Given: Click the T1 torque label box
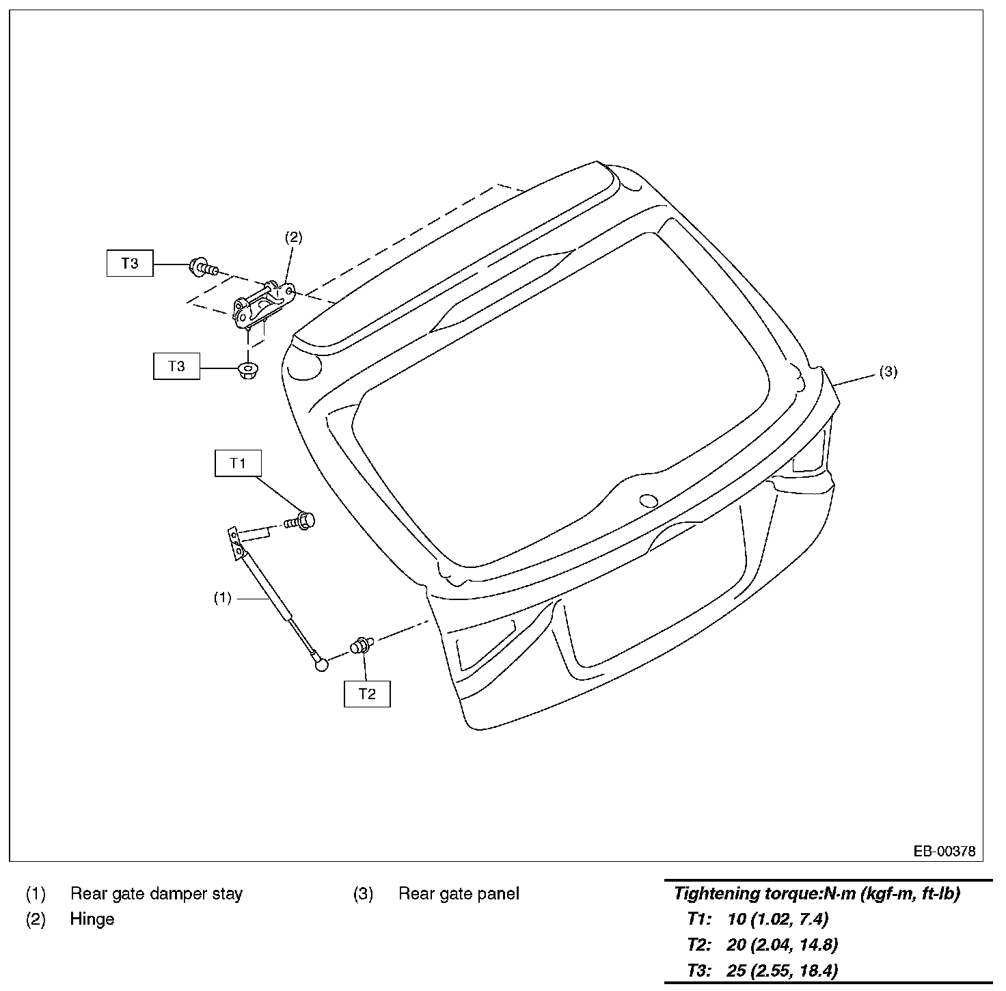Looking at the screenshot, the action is pyautogui.click(x=238, y=463).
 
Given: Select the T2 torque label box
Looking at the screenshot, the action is pyautogui.click(x=367, y=694).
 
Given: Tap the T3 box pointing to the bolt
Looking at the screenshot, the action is pyautogui.click(x=130, y=263).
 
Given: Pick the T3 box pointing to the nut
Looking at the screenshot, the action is pyautogui.click(x=176, y=366).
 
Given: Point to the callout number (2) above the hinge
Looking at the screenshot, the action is pyautogui.click(x=293, y=237).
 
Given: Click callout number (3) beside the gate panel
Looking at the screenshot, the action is pyautogui.click(x=888, y=372).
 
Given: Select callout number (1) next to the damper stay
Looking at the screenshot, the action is pyautogui.click(x=223, y=598).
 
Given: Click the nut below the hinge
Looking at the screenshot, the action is pyautogui.click(x=246, y=370).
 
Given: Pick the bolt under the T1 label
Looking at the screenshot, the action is pyautogui.click(x=300, y=521).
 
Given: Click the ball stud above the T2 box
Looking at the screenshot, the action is pyautogui.click(x=361, y=644).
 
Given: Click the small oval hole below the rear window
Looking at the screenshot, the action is pyautogui.click(x=648, y=501).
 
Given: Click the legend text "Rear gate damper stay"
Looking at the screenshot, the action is pyautogui.click(x=157, y=893).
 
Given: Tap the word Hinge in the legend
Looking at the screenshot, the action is pyautogui.click(x=92, y=919).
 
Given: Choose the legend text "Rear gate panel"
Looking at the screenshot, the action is pyautogui.click(x=459, y=893).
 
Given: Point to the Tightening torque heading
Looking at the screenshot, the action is pyautogui.click(x=817, y=893).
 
